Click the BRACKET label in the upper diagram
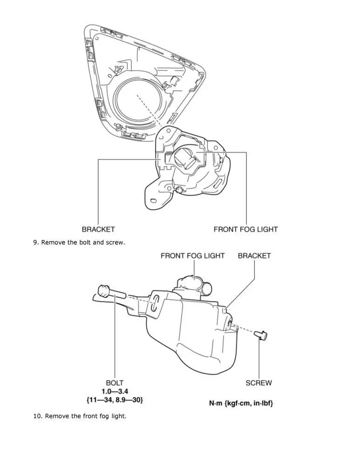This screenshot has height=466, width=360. tap(98, 229)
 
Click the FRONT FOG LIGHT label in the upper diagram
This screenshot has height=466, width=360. tap(245, 229)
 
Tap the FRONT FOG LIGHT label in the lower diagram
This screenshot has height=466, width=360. tap(192, 256)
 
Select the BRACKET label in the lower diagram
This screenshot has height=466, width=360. tap(254, 256)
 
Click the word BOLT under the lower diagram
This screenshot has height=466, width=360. tap(115, 383)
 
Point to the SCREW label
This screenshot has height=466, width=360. tap(259, 383)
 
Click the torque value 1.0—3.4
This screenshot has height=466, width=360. tap(115, 391)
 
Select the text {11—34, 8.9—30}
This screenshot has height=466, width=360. tap(115, 400)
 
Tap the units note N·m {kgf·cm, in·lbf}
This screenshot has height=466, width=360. tap(241, 403)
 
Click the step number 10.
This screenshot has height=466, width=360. tap(37, 416)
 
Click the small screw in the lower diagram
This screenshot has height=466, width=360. tap(261, 335)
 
